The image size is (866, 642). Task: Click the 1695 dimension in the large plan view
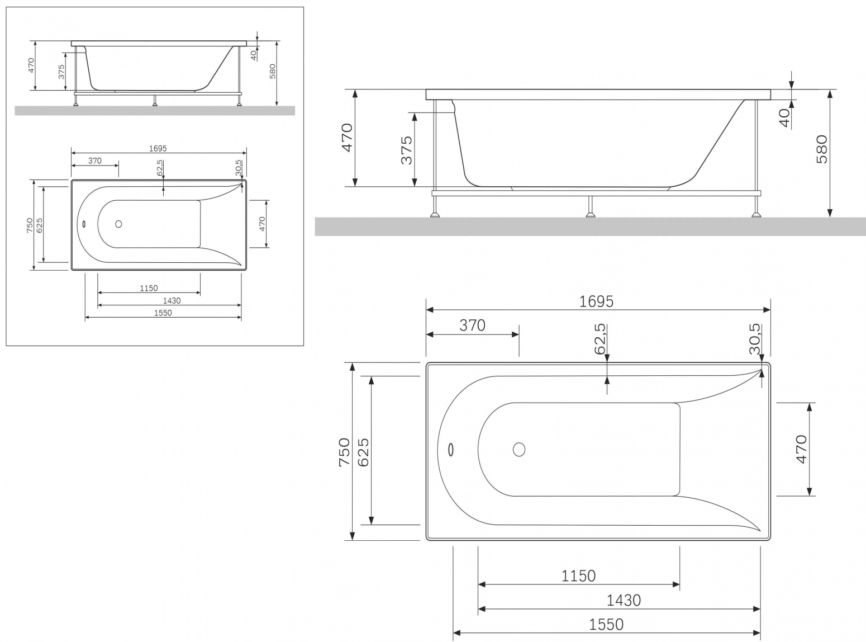coord(596,301)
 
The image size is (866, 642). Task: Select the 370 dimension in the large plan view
coord(472,325)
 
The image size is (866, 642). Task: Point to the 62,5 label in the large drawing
coord(600,338)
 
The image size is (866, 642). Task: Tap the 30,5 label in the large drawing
coord(755,338)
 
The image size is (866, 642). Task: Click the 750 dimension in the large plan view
coord(344,452)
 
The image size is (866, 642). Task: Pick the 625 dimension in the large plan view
coord(363,452)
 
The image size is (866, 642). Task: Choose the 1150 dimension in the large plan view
coord(578,576)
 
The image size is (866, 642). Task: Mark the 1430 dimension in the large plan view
coord(623,600)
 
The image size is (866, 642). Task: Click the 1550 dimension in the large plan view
coord(606,625)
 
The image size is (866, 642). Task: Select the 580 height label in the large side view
coord(821,149)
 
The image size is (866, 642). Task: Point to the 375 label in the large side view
coord(406,150)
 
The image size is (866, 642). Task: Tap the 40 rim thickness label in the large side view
coord(784,117)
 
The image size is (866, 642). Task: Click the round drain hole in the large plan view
coord(519,449)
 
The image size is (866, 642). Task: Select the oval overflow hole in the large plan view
coord(451,449)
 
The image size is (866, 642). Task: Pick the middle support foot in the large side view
coord(591,214)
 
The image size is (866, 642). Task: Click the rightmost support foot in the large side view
coord(756,214)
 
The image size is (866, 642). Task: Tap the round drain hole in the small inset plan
coord(118,224)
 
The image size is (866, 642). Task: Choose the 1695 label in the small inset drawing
coord(158,149)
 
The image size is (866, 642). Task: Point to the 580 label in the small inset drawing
coord(273,71)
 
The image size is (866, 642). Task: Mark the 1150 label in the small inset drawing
coord(149,288)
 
